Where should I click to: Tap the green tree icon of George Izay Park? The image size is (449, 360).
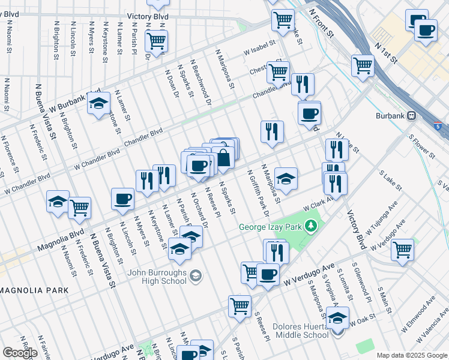(x=311, y=226)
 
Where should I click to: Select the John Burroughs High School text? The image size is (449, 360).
(x=157, y=275)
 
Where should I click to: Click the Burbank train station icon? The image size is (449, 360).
(x=412, y=116)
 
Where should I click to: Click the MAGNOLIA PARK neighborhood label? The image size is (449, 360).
(x=34, y=290)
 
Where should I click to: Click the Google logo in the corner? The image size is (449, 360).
(x=20, y=353)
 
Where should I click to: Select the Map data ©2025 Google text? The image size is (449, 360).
(x=412, y=355)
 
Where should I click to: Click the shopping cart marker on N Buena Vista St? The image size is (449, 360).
(x=79, y=208)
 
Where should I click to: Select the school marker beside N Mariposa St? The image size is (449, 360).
(x=286, y=178)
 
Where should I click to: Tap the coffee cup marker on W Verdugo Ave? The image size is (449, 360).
(x=268, y=275)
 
